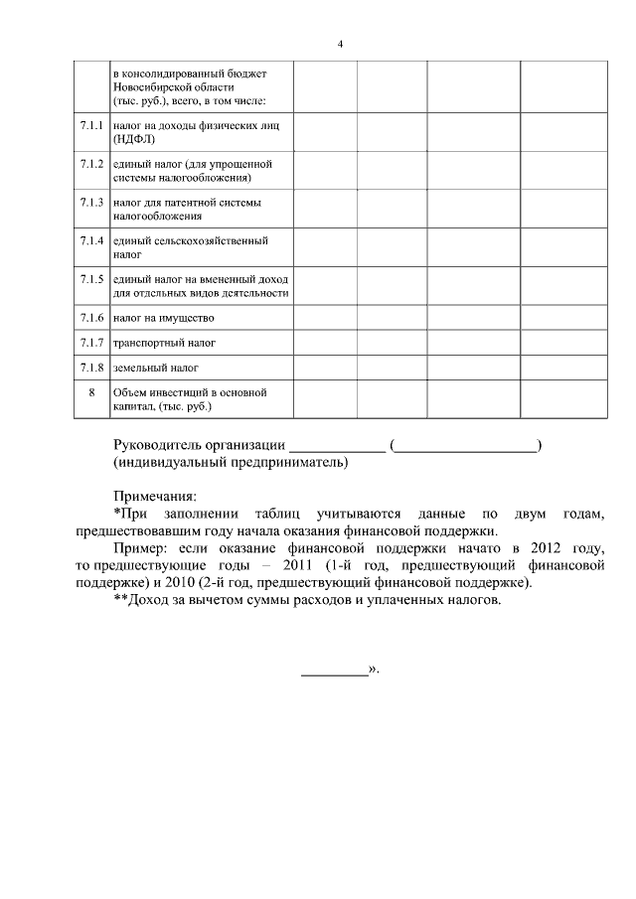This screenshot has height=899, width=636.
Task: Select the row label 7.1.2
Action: [x=91, y=163]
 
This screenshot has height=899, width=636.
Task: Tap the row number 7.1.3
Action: [x=91, y=202]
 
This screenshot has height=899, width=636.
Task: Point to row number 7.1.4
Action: [x=91, y=240]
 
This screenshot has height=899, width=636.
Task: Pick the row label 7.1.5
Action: [x=91, y=279]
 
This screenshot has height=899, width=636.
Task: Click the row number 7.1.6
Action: [x=91, y=318]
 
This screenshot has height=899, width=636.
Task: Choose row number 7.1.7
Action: [x=91, y=343]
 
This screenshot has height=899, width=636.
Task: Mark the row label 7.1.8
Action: [x=91, y=368]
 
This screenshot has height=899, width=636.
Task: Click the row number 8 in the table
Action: [x=91, y=392]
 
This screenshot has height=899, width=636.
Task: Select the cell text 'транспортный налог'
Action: [x=164, y=343]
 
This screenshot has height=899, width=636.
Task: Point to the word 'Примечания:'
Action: [x=155, y=496]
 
